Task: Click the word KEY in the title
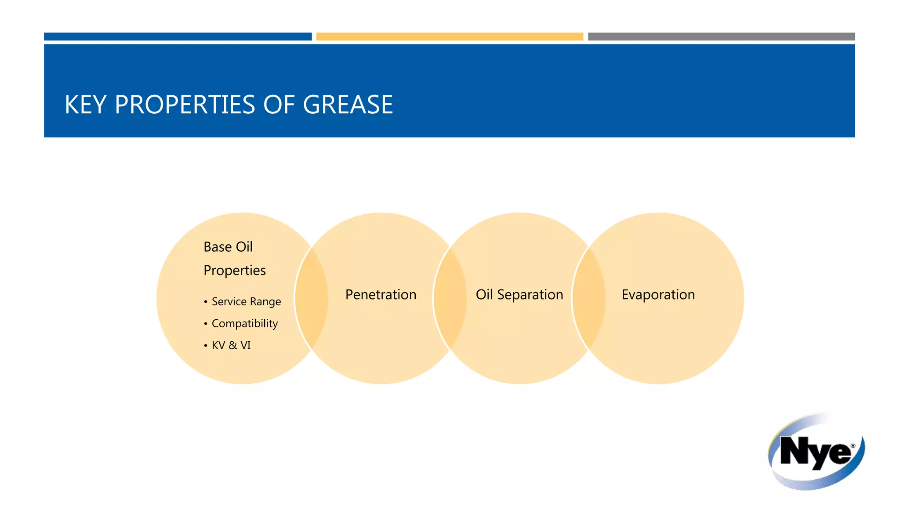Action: [85, 105]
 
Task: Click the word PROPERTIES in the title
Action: [185, 105]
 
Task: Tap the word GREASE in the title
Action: [348, 105]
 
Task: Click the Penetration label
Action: [381, 295]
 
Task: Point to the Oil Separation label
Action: [519, 295]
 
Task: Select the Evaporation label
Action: [658, 295]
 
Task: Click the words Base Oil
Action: [228, 247]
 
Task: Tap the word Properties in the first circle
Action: [234, 271]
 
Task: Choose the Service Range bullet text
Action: [246, 302]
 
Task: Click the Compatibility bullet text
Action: [244, 324]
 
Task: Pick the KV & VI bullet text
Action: [231, 346]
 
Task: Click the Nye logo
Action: [816, 452]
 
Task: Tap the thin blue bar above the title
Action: [178, 36]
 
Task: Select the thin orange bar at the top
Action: [450, 36]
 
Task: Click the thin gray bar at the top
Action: [721, 36]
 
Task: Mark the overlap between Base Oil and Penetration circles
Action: [312, 299]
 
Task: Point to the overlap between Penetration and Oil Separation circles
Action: [450, 299]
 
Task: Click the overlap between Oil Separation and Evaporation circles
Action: [589, 299]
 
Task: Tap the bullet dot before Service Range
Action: [205, 302]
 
